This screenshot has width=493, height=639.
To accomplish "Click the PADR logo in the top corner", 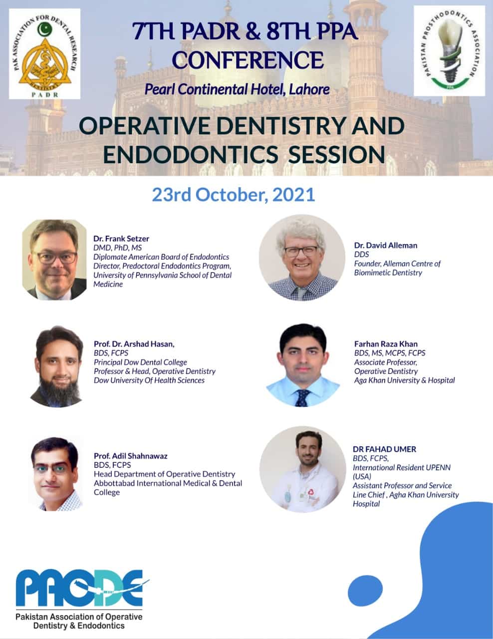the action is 44,54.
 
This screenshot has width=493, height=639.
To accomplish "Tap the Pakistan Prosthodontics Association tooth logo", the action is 449,51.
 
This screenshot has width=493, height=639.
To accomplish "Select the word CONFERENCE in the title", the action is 247,60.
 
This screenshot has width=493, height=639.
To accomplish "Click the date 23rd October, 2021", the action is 234,195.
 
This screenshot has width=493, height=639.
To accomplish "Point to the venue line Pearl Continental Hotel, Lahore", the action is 237,89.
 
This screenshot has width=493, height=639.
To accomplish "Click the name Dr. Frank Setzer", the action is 121,239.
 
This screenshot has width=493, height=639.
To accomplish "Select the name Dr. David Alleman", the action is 386,245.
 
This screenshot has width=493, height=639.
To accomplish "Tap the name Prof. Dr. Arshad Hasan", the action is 134,344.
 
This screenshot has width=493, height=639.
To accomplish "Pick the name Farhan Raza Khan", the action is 386,344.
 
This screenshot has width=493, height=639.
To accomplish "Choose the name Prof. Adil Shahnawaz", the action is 130,456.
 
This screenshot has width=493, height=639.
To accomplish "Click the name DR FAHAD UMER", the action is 385,449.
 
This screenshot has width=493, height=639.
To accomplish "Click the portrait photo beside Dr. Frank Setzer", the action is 54,260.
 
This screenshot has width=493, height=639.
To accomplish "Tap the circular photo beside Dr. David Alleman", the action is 302,258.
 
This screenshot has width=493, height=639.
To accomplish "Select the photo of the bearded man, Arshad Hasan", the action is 56,366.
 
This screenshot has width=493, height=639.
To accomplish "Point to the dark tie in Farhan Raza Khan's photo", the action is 302,398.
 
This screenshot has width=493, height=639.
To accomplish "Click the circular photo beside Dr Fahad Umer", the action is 303,470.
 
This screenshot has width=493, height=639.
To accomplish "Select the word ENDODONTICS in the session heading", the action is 191,154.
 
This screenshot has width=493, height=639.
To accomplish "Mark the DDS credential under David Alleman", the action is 361,255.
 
